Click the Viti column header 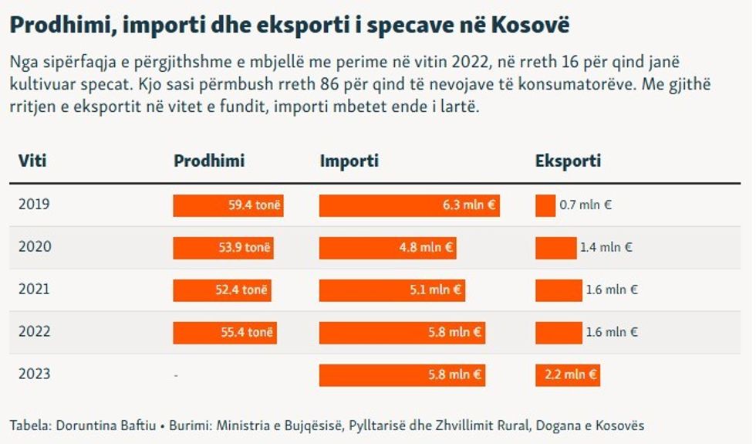32,161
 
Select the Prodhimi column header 209,161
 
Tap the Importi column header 349,161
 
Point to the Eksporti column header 568,161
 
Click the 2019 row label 34,205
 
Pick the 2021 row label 34,290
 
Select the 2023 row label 34,375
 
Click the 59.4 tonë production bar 228,205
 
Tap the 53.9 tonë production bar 224,248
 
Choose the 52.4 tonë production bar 222,290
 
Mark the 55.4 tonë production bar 224,333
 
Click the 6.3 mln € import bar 410,205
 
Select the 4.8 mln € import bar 387,248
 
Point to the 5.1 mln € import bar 392,290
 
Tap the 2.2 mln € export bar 568,375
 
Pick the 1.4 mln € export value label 606,249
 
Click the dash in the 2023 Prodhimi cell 176,375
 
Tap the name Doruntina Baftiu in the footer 88,425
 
